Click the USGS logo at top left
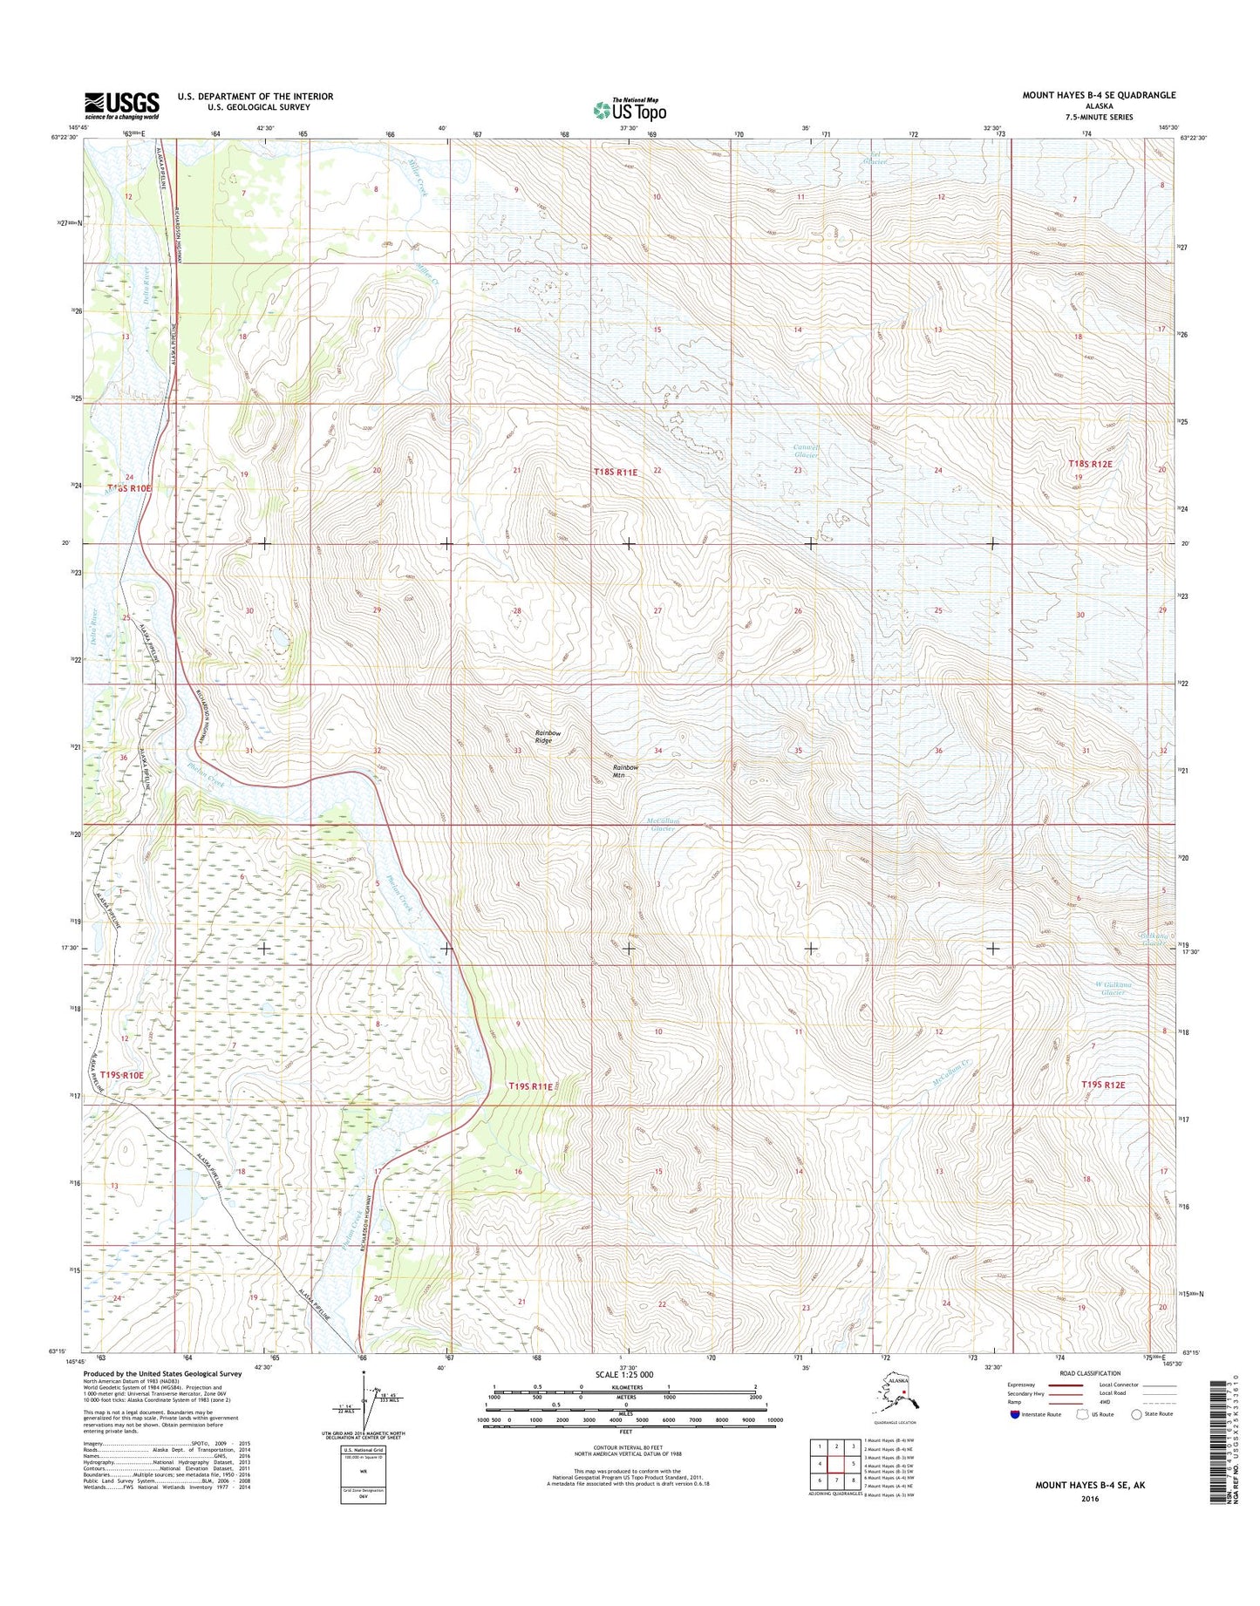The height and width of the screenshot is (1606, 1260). [x=121, y=105]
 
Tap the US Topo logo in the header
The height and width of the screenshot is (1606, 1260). [x=630, y=109]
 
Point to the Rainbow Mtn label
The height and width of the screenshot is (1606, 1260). [x=625, y=771]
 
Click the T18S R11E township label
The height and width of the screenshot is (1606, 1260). [x=616, y=472]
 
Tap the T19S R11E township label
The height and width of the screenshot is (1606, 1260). [x=530, y=1086]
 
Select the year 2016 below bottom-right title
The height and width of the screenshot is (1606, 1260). [x=1088, y=1500]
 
